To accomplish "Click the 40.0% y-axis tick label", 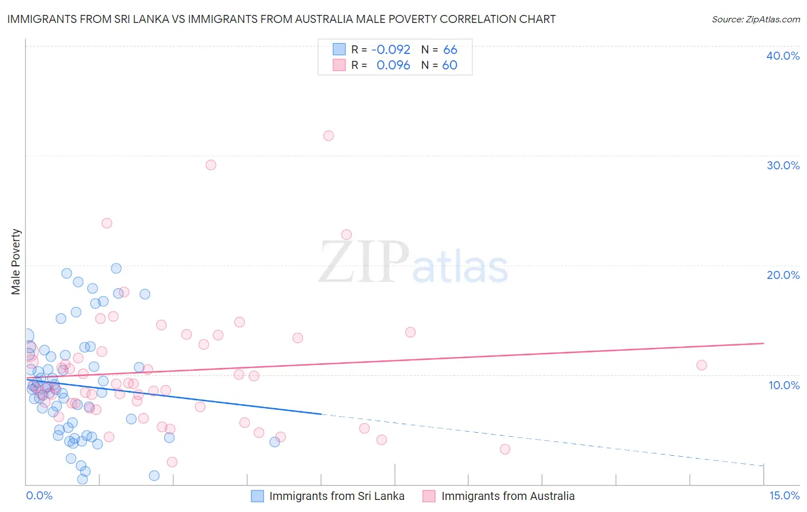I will [x=783, y=56].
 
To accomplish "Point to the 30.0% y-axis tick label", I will [x=783, y=165].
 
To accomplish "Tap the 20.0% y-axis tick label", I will [x=783, y=275].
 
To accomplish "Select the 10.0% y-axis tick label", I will [x=784, y=385].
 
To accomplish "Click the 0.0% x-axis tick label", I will [x=39, y=495].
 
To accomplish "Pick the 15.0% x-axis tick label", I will [x=784, y=495].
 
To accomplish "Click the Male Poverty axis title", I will [x=15, y=262].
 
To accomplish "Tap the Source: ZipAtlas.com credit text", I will [x=755, y=19].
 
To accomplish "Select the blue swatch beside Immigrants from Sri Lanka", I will [x=257, y=496].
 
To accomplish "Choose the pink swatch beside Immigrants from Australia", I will [x=429, y=496].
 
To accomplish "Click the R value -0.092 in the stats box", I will [x=391, y=50].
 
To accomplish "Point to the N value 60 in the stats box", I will [x=449, y=65].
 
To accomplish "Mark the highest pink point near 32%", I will [x=328, y=136].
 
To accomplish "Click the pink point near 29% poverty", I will [x=211, y=165].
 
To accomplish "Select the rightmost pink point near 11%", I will [x=701, y=365].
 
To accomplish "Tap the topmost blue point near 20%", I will [x=116, y=268].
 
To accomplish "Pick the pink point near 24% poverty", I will [x=107, y=223].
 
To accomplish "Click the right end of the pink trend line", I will [x=763, y=343].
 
